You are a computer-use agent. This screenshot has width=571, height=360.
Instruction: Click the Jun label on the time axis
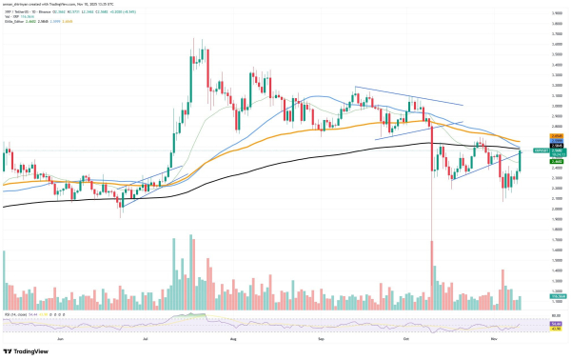[x=61, y=338]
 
